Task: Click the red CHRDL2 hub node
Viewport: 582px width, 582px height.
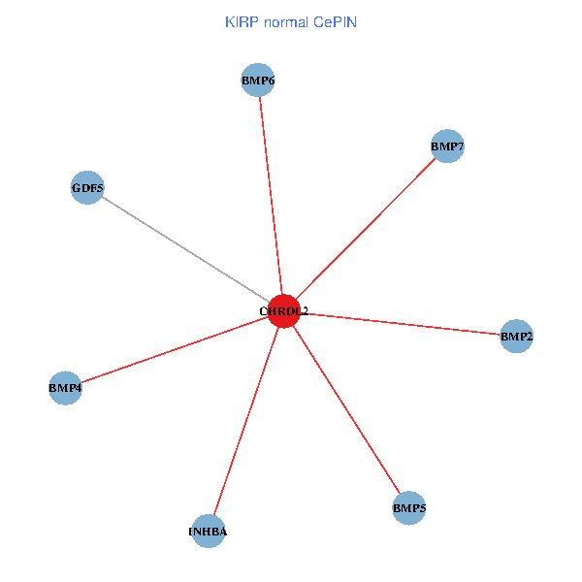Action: click(283, 311)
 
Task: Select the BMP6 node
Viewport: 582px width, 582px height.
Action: click(258, 81)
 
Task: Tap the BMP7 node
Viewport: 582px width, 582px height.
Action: click(447, 146)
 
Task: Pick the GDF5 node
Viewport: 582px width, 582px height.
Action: click(87, 187)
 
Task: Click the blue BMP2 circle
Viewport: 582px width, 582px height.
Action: click(516, 337)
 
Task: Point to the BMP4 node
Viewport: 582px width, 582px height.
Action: click(65, 388)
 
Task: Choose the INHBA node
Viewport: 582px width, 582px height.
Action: click(209, 532)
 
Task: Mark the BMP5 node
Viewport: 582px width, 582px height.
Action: click(409, 507)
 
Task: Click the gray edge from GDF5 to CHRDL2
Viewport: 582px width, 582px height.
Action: click(184, 248)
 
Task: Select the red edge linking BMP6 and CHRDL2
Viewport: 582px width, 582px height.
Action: click(271, 194)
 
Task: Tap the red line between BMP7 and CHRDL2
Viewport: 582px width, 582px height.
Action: click(366, 228)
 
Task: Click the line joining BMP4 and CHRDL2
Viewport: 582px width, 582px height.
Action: click(175, 349)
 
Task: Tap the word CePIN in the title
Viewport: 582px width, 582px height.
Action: click(335, 21)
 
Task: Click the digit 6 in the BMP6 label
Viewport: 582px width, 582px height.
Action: click(271, 81)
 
